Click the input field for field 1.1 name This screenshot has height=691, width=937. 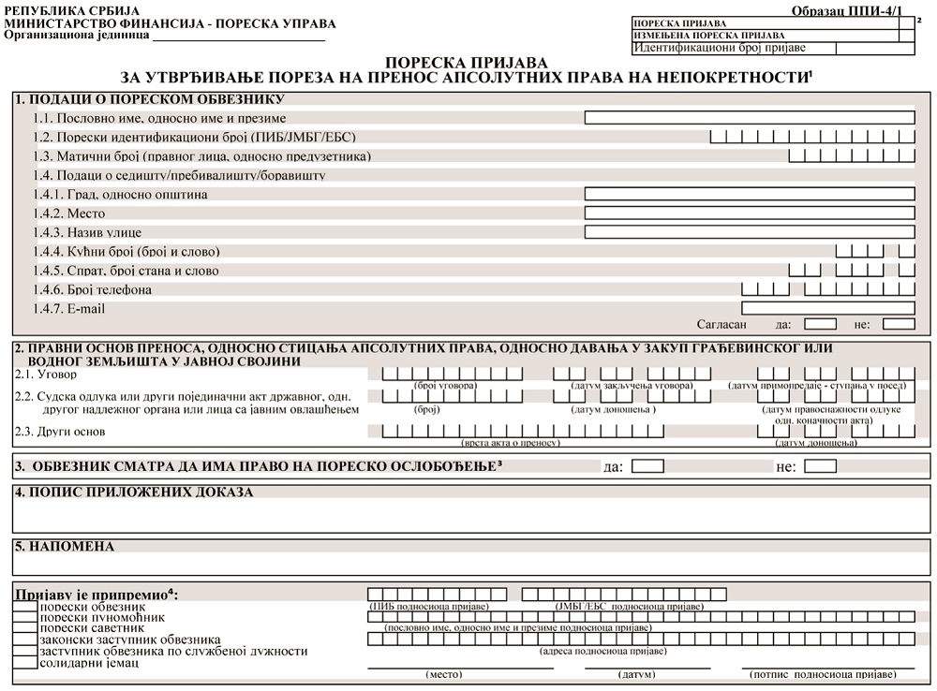(x=749, y=118)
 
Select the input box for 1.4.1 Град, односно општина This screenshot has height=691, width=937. (x=749, y=194)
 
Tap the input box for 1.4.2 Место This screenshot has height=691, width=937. (x=749, y=213)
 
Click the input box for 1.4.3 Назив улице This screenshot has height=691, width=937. (x=749, y=231)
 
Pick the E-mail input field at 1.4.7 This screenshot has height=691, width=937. (x=827, y=308)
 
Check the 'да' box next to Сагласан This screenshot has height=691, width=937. (x=820, y=325)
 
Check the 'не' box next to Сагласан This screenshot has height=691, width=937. (x=899, y=325)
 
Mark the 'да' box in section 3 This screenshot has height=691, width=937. (x=647, y=465)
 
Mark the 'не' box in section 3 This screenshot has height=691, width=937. (x=820, y=465)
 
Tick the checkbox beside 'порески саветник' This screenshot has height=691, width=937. (x=25, y=628)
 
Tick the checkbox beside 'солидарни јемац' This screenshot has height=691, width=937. (x=25, y=663)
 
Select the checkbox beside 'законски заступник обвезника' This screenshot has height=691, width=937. (x=25, y=640)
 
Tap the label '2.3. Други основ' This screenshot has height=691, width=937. (x=59, y=432)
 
